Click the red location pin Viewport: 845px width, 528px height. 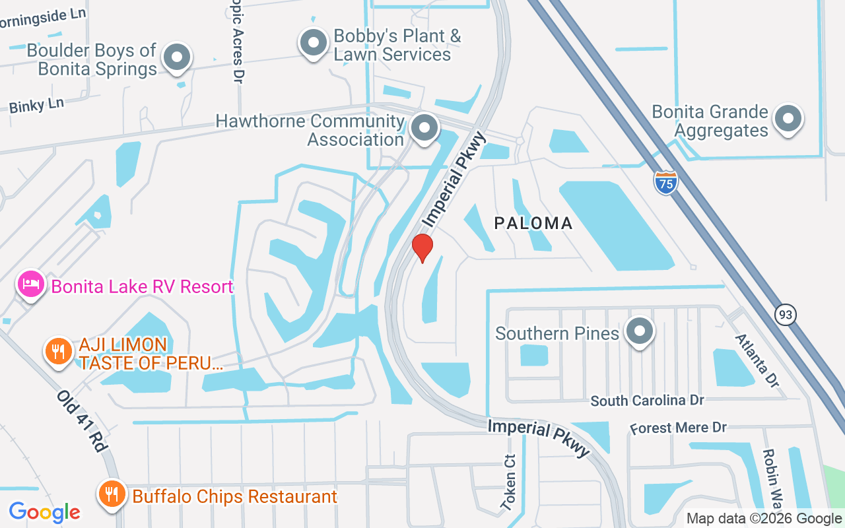[x=422, y=247]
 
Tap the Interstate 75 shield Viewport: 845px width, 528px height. [x=666, y=182]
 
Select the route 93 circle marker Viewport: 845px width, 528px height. [x=786, y=315]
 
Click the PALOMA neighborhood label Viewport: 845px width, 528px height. [x=533, y=223]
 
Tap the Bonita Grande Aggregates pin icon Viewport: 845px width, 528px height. [x=788, y=119]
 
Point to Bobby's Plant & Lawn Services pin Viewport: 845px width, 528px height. [x=314, y=43]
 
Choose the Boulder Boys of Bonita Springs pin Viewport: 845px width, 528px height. [x=177, y=57]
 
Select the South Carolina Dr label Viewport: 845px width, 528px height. [x=647, y=401]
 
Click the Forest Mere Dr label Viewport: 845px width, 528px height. [x=678, y=428]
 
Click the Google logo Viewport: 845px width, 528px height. [x=45, y=511]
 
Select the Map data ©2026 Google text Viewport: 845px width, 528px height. [x=764, y=519]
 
